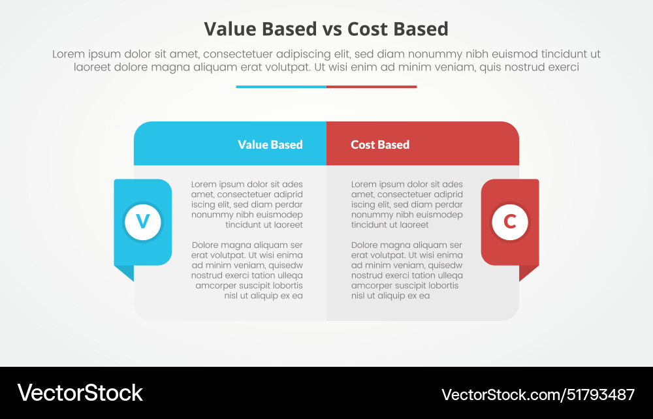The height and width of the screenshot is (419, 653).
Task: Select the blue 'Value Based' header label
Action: [270, 145]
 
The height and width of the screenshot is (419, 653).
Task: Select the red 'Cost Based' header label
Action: [380, 145]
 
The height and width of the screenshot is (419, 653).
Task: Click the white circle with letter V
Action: [143, 222]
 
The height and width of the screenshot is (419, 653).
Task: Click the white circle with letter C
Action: [510, 222]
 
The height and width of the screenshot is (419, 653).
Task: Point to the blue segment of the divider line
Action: [281, 86]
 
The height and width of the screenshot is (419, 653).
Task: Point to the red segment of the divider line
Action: [372, 86]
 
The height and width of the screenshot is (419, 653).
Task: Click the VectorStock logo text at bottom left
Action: [80, 393]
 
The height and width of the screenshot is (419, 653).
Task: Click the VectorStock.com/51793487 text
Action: [538, 394]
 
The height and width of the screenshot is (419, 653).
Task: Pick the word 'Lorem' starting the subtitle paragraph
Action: [69, 54]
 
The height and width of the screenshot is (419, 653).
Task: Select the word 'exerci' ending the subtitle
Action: [564, 67]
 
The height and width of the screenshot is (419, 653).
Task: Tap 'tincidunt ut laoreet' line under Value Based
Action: [264, 225]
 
